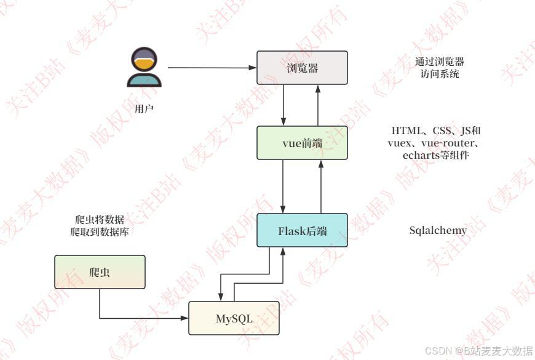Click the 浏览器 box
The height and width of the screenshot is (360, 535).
[x=302, y=68]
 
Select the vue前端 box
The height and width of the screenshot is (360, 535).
[x=302, y=143]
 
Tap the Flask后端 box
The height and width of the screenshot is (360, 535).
[x=302, y=231]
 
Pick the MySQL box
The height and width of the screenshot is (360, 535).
[x=234, y=318]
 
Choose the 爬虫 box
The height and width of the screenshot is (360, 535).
[x=100, y=272]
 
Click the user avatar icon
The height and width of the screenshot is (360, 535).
[x=144, y=68]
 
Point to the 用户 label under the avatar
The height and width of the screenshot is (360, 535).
[x=144, y=109]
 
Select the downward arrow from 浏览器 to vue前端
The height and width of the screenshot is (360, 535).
[x=283, y=105]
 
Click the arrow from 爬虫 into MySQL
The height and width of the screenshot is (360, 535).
[x=141, y=318]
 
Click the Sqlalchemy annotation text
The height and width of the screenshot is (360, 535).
[x=438, y=231]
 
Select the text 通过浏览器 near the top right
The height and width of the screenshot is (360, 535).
[x=439, y=62]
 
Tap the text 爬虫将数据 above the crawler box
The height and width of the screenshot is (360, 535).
[x=98, y=220]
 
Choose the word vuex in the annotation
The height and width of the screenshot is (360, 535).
[x=400, y=143]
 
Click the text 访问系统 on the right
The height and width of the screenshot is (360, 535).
[x=439, y=74]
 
